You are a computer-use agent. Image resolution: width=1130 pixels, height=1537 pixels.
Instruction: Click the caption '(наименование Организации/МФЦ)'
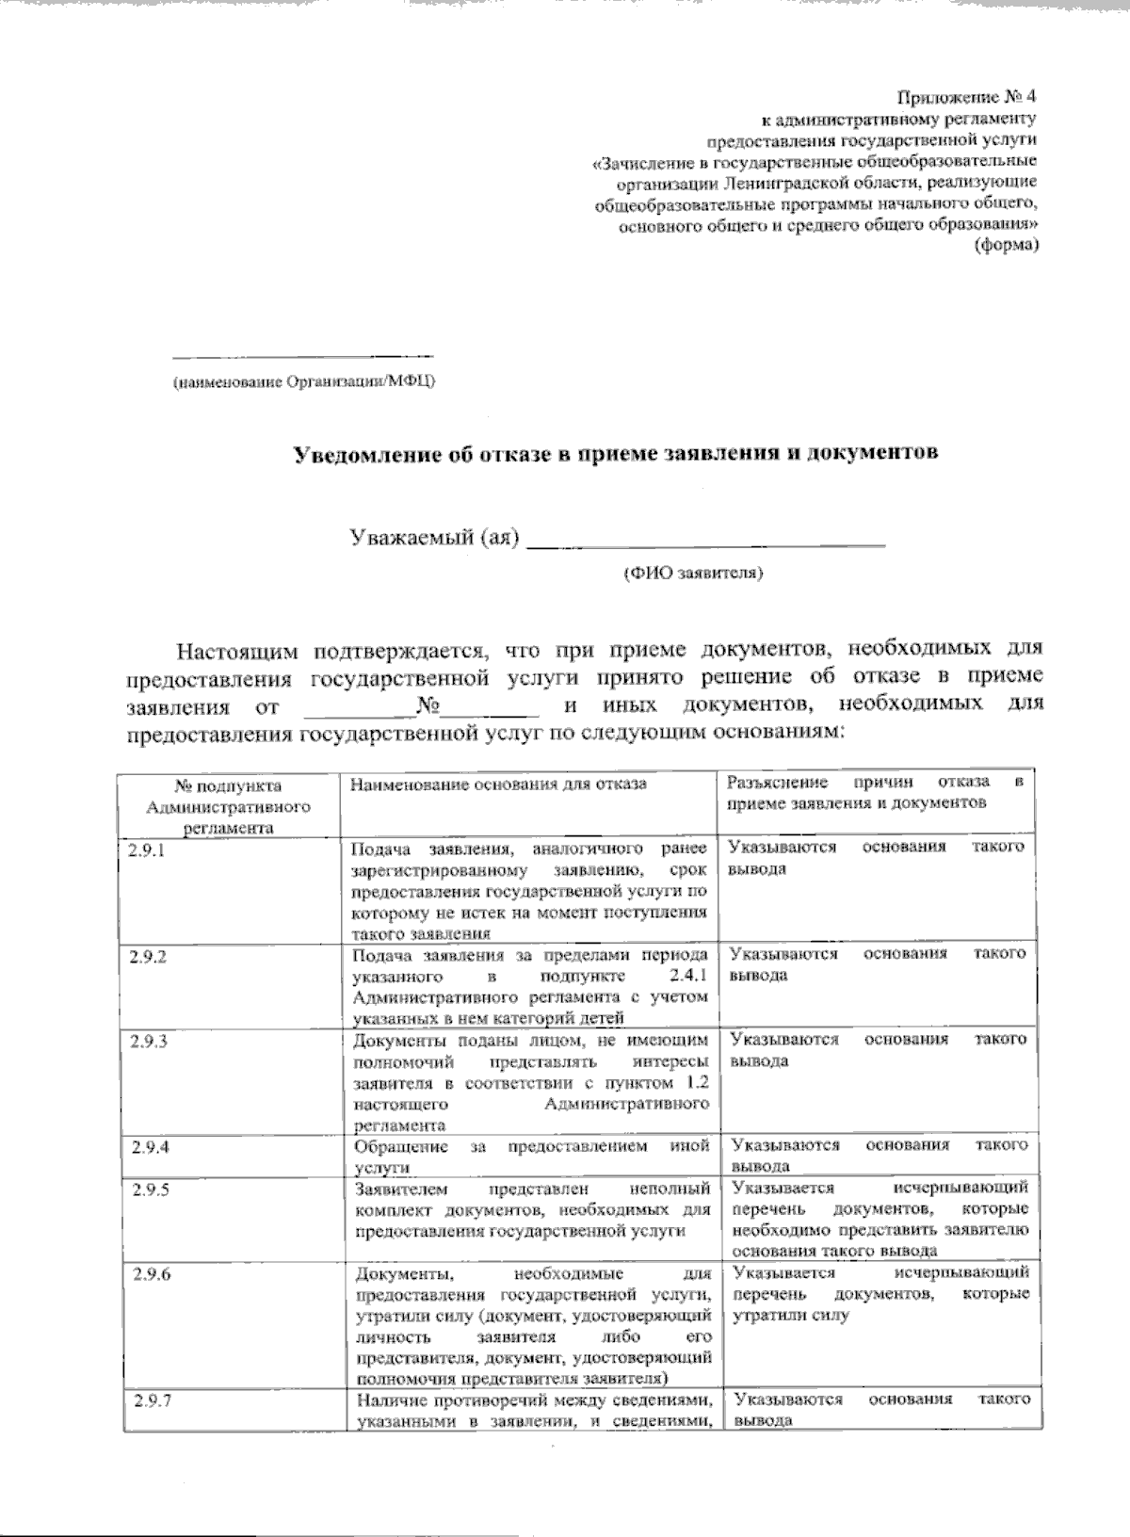coord(302,382)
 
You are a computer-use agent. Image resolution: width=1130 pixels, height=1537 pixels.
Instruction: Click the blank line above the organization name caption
coord(302,356)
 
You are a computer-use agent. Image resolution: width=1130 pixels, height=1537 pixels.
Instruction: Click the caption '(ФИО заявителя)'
coord(692,573)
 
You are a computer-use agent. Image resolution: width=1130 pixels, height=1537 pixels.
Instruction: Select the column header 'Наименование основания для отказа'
coord(499,785)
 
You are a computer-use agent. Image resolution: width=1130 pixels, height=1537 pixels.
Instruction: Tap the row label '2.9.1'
coord(147,849)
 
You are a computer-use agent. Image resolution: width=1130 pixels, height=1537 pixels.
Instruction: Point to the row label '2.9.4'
coord(150,1147)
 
